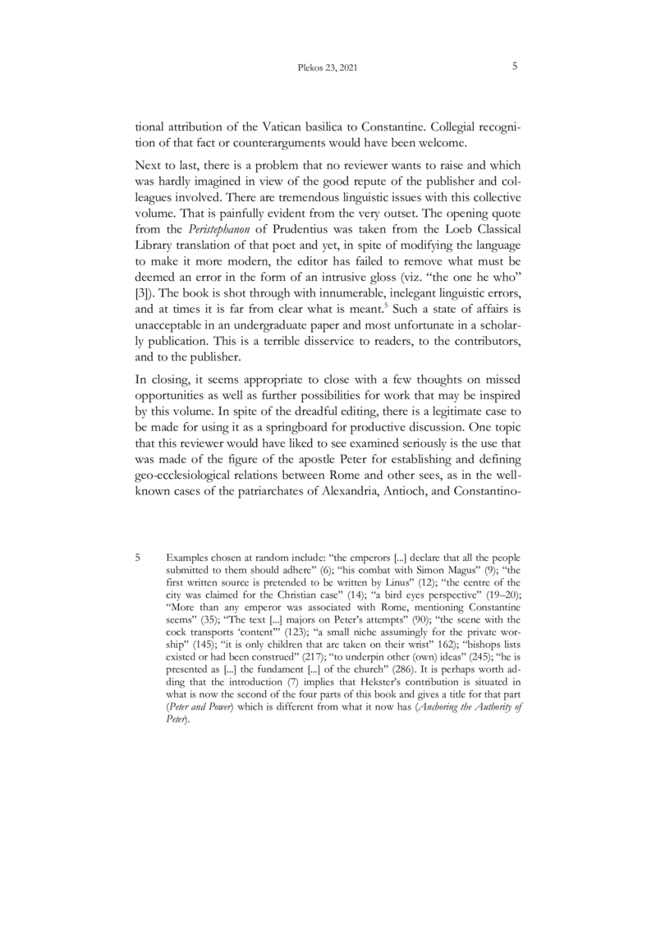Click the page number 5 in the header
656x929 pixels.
pos(513,70)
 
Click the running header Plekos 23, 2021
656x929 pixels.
pos(327,71)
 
